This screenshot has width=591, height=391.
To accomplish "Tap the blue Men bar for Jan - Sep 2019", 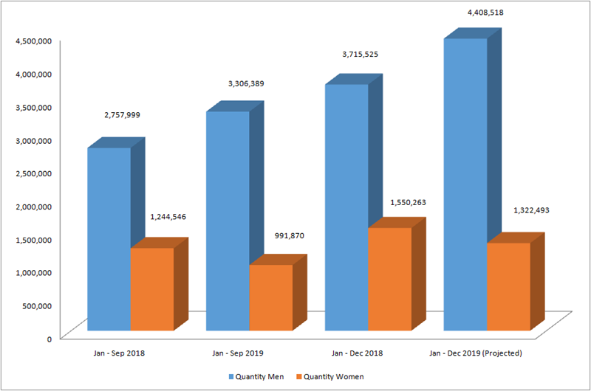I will coord(228,221).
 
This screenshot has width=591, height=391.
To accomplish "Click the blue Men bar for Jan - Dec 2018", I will coord(346,207).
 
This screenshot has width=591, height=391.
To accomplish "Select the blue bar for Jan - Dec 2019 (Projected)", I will coord(465,184).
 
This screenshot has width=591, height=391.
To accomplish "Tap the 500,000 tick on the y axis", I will coord(36,305).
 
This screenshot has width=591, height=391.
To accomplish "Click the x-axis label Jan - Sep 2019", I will coord(239,353).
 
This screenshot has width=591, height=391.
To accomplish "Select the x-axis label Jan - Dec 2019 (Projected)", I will coord(476,353).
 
